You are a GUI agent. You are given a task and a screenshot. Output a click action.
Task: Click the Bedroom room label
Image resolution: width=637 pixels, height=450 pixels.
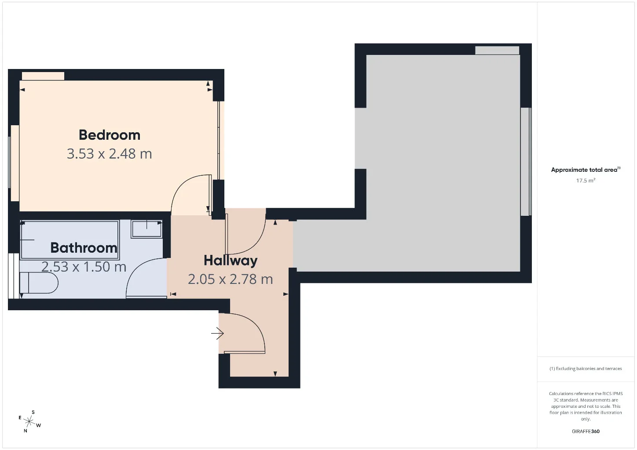pos(110,135)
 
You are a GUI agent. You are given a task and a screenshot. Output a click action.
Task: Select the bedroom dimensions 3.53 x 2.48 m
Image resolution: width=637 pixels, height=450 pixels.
pos(110,154)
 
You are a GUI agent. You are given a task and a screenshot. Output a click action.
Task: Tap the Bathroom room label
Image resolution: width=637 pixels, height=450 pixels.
pos(84,248)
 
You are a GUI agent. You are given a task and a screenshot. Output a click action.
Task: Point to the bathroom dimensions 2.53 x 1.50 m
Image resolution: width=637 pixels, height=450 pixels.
pos(84,267)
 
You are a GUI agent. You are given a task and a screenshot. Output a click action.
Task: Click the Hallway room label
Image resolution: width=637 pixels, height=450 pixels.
pos(231,261)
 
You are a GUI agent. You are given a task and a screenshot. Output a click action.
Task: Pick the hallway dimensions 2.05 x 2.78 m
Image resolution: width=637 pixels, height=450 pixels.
pos(231,279)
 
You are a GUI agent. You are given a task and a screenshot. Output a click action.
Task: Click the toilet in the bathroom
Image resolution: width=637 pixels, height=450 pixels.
pos(39,283)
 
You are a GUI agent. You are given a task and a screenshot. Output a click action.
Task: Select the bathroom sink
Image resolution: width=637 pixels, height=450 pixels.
pos(146,229)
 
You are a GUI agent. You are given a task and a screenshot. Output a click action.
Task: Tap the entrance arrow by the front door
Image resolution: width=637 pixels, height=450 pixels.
pos(218,333)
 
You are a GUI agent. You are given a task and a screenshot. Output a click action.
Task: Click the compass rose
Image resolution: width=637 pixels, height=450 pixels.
pos(29,421)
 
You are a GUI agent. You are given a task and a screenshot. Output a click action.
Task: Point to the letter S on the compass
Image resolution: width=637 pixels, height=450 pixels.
pos(33,412)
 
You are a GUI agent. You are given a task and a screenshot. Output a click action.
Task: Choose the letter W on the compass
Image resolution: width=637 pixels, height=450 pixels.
pos(38,425)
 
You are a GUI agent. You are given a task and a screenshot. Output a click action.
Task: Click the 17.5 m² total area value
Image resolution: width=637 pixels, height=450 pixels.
pos(586,181)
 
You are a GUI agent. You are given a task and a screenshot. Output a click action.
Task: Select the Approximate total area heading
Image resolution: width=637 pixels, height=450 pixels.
pos(586,170)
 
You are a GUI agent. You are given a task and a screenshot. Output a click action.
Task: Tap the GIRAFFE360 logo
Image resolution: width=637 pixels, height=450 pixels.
pos(586,431)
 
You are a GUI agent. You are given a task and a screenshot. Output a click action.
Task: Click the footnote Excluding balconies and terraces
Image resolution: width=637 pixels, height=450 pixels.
pos(586,368)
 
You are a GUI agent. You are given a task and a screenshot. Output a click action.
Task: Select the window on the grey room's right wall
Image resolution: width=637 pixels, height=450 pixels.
pos(526,161)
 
